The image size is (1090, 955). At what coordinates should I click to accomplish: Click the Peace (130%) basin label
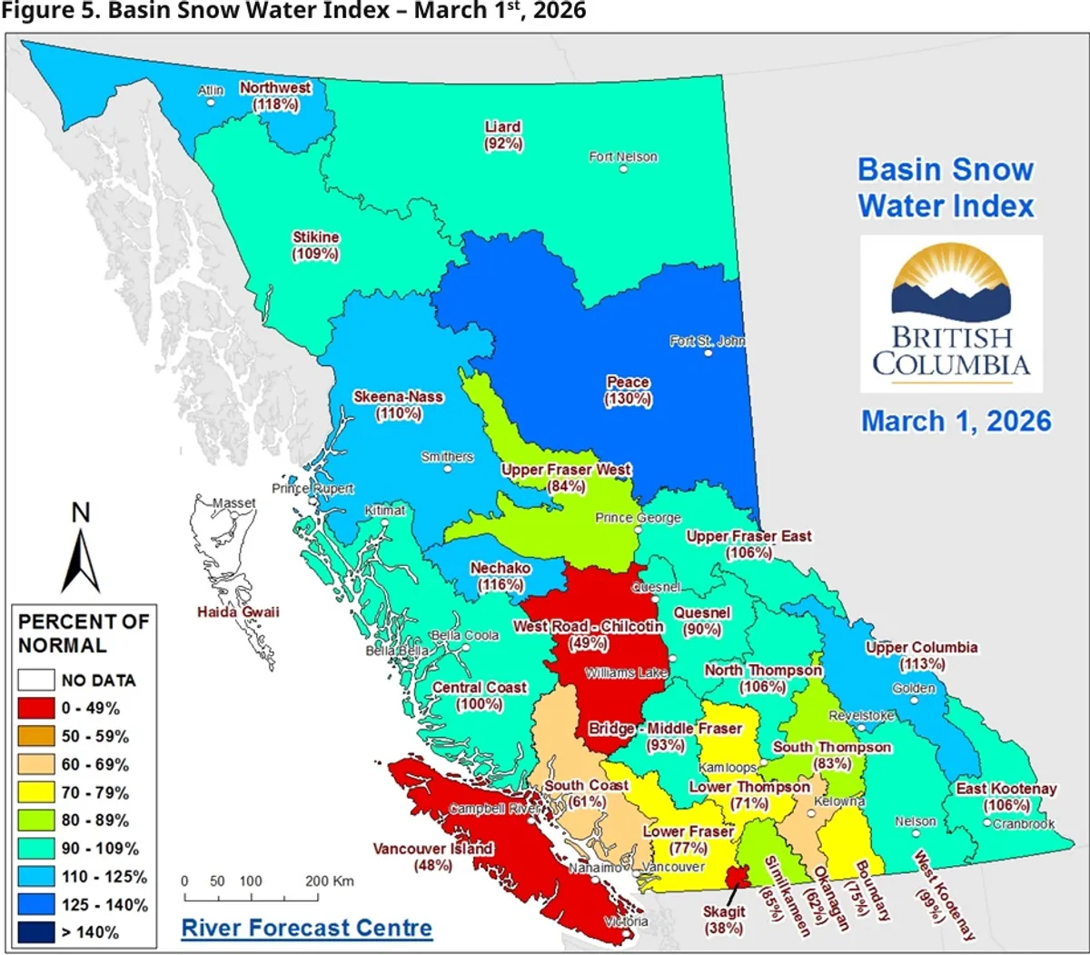[628, 391]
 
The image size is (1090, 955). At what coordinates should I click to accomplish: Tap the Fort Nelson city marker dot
[623, 169]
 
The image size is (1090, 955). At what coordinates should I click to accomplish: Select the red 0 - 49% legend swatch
[36, 708]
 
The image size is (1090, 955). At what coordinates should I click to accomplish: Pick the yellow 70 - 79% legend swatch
[36, 792]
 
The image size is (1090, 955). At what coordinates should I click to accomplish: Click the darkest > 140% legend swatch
[36, 932]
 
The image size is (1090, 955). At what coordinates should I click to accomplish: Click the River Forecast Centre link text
[306, 928]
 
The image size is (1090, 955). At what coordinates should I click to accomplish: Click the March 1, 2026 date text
[956, 421]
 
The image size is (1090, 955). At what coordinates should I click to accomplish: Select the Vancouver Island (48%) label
[432, 856]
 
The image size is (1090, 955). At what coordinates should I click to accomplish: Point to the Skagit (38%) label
[723, 920]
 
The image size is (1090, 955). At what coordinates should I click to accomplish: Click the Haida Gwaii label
[238, 612]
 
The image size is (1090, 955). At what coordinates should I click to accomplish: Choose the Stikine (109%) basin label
[315, 245]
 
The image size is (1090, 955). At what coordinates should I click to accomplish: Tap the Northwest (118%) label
[275, 95]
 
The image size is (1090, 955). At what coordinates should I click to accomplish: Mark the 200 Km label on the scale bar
[330, 880]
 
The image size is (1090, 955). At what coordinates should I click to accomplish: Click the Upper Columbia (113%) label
[921, 655]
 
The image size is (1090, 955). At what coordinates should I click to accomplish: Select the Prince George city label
[638, 517]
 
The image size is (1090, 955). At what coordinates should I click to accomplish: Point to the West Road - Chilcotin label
[588, 627]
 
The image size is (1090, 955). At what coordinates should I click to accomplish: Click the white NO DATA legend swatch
[36, 680]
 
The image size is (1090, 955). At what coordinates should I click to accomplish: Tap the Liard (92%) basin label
[503, 135]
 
